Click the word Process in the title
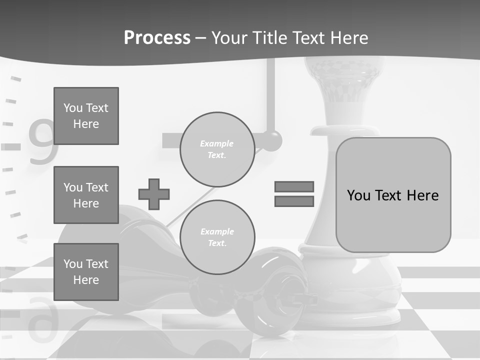[157, 38]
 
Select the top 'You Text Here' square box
[86, 116]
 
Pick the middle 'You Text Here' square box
[86, 195]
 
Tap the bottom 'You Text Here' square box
[86, 271]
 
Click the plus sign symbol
[154, 194]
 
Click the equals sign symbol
[294, 194]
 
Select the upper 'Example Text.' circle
[217, 149]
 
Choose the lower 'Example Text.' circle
[217, 237]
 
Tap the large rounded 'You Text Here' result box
[393, 195]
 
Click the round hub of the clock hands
[271, 140]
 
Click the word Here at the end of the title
[348, 38]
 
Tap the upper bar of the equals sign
[294, 186]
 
